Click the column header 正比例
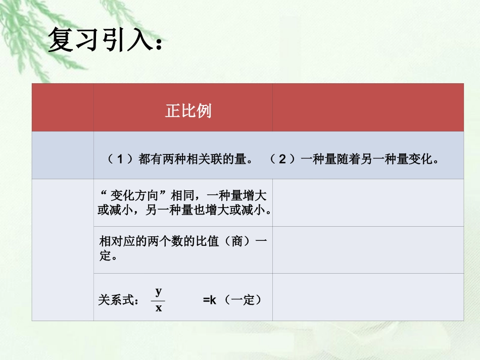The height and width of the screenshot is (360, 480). pyautogui.click(x=188, y=111)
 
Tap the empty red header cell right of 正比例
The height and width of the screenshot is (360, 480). pyautogui.click(x=368, y=108)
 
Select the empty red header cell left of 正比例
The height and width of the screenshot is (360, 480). pyautogui.click(x=63, y=108)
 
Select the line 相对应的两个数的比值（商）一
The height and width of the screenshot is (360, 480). pyautogui.click(x=183, y=241)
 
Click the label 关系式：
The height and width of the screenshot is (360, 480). pyautogui.click(x=119, y=300)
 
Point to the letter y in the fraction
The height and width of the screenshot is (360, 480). pyautogui.click(x=159, y=291)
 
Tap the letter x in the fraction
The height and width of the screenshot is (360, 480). pyautogui.click(x=159, y=307)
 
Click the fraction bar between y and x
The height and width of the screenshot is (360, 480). pyautogui.click(x=159, y=299)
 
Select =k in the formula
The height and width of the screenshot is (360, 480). pyautogui.click(x=210, y=300)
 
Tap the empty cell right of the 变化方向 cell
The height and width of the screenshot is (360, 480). pyautogui.click(x=368, y=202)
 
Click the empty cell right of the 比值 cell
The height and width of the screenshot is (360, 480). pyautogui.click(x=368, y=250)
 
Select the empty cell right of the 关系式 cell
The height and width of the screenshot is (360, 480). pyautogui.click(x=368, y=297)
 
